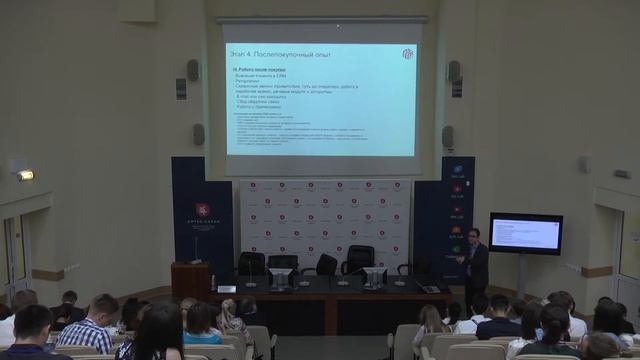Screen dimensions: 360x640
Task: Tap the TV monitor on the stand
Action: pyautogui.click(x=525, y=233)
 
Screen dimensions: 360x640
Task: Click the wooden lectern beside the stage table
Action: pyautogui.click(x=189, y=281)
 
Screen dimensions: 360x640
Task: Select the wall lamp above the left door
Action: pyautogui.click(x=23, y=174)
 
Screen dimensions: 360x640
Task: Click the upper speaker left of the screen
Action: pyautogui.click(x=193, y=70)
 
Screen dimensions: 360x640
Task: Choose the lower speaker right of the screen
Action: pyautogui.click(x=448, y=136)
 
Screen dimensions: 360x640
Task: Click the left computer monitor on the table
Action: pyautogui.click(x=281, y=277)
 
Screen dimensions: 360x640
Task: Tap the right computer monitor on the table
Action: pyautogui.click(x=374, y=276)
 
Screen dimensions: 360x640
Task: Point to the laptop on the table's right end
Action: pyautogui.click(x=430, y=288)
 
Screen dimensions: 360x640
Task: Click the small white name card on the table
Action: pyautogui.click(x=227, y=288)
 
